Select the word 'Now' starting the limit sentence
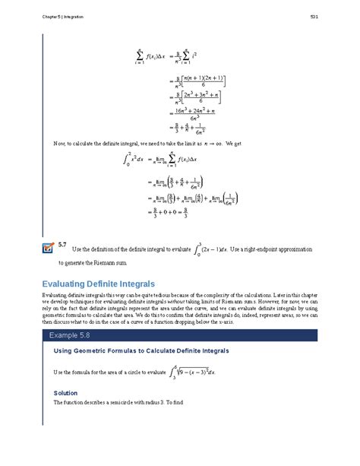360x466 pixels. pos(59,143)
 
